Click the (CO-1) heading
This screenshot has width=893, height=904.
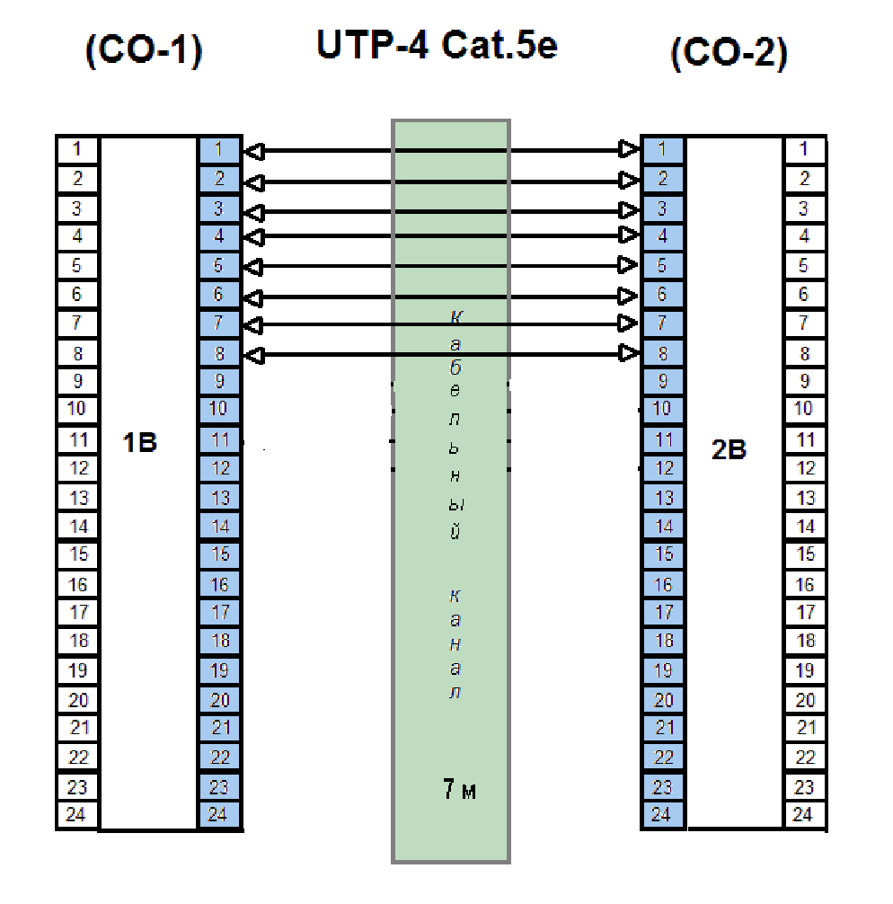tap(144, 51)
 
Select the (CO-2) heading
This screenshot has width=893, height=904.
tap(729, 55)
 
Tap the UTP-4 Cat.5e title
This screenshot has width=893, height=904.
tap(437, 45)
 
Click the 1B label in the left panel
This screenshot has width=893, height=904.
tap(140, 442)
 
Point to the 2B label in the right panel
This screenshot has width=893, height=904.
tap(729, 449)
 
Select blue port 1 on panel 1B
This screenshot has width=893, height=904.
tap(221, 149)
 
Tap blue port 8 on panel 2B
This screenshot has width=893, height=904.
tap(663, 354)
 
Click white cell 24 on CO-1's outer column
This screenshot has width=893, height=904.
tap(77, 816)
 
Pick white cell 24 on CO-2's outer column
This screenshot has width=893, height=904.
tap(804, 816)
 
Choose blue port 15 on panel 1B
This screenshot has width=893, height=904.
tap(221, 554)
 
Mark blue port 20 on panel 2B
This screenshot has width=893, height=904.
tap(663, 700)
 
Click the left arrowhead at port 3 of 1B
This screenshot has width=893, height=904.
tap(255, 213)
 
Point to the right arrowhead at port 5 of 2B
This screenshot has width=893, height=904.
tap(628, 265)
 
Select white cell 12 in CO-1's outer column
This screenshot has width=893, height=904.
tap(77, 468)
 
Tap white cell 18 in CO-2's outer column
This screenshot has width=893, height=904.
tap(804, 641)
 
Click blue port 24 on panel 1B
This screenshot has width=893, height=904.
tap(221, 816)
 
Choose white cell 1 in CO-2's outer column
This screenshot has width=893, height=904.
tap(804, 149)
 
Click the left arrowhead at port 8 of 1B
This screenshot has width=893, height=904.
tap(255, 355)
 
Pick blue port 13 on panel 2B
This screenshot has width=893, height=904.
tap(663, 498)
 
